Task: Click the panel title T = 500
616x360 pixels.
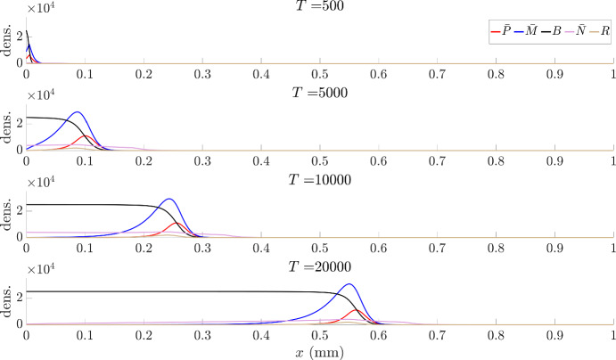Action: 320,7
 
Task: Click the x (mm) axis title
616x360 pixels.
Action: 320,352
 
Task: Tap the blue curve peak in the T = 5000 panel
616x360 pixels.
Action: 78,112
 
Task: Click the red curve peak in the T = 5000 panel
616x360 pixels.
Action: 86,136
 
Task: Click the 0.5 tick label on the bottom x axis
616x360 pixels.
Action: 320,337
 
